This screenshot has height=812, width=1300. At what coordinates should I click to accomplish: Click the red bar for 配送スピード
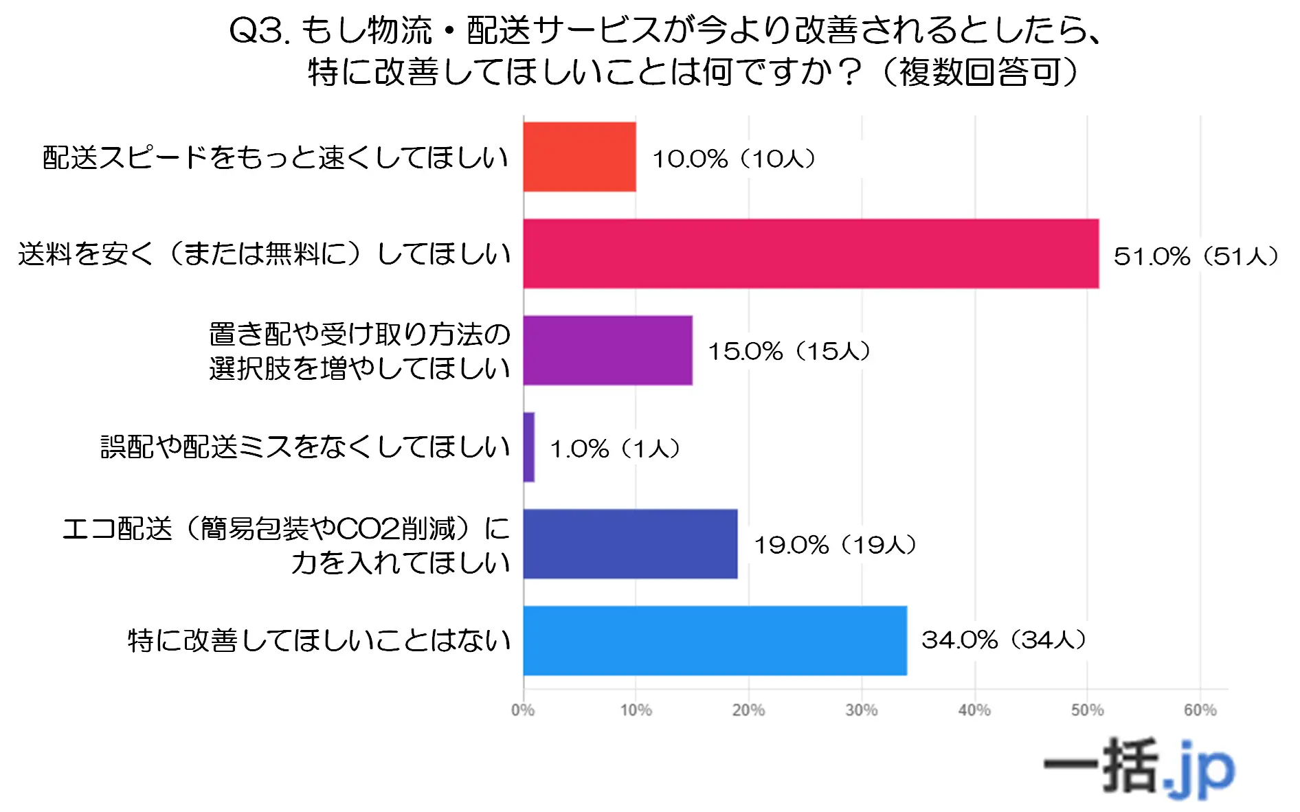point(579,157)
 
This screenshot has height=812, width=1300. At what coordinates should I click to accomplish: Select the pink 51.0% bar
point(811,253)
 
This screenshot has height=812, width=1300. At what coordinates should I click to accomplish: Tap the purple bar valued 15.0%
point(607,350)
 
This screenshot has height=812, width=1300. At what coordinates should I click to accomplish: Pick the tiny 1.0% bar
point(528,447)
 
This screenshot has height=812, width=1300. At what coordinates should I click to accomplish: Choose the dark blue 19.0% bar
point(630,544)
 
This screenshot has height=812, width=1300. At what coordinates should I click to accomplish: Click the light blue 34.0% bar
point(715,640)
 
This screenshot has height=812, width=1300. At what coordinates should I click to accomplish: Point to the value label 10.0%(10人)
point(734,159)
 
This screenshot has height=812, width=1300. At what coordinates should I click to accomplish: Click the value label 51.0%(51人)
point(1196,256)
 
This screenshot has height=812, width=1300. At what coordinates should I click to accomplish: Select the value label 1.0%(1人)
point(615,449)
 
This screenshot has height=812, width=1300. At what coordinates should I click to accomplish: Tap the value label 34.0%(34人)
point(1004,640)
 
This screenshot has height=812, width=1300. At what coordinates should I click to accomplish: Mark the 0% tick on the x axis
point(523,710)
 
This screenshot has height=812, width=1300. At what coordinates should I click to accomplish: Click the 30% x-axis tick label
point(862,710)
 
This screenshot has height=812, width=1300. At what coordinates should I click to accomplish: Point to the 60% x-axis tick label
point(1200,710)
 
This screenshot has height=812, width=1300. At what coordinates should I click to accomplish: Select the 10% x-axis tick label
point(636,710)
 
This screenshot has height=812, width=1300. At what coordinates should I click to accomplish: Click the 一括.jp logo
point(1139,768)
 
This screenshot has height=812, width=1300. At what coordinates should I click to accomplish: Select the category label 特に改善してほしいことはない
point(320,640)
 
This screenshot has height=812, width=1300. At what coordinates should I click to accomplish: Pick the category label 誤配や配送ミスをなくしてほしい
point(306,447)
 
